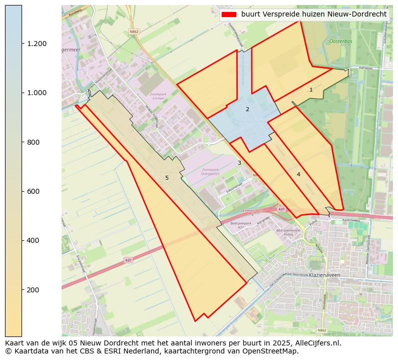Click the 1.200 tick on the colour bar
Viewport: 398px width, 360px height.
pyautogui.click(x=37, y=44)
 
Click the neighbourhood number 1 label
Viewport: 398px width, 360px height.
pyautogui.click(x=311, y=90)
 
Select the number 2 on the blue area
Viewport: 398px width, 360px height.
pyautogui.click(x=247, y=109)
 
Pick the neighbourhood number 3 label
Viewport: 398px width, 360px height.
pyautogui.click(x=239, y=163)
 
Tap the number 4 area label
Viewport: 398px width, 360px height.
pyautogui.click(x=298, y=174)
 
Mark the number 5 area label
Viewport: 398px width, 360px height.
pyautogui.click(x=167, y=178)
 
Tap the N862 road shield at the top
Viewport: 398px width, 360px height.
pyautogui.click(x=134, y=31)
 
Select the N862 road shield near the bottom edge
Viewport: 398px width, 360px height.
pyautogui.click(x=322, y=330)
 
